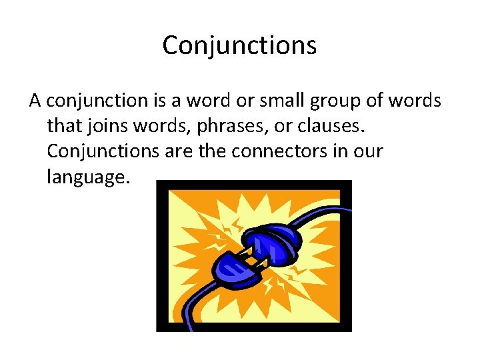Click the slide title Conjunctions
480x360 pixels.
[239, 45]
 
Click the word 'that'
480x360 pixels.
[63, 126]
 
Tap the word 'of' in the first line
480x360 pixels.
[379, 101]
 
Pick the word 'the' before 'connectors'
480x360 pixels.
[213, 151]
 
